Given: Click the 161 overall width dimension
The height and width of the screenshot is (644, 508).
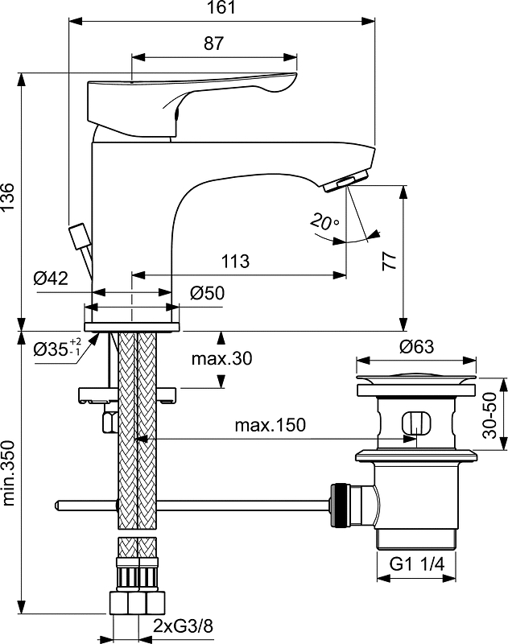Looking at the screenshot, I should pos(222,9).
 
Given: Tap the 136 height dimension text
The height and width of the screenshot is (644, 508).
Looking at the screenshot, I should pos(7,198).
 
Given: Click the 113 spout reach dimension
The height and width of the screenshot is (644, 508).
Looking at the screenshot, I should pos(234,262).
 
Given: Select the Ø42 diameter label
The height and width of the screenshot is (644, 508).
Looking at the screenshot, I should pos(50,279).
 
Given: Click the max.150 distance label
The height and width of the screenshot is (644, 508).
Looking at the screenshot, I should pos(271,425).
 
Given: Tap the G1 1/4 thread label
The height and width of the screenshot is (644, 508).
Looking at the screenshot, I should pos(415,566).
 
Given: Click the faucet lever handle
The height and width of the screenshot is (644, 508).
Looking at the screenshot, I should pos(185,93).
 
